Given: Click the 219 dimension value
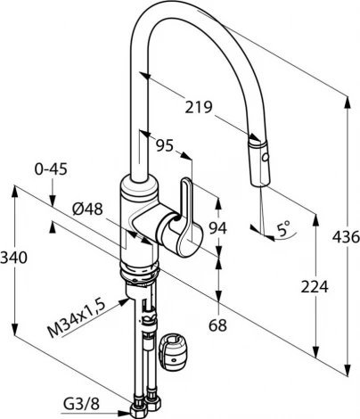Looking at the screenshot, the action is [199, 107].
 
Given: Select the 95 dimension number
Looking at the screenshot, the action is [164, 145].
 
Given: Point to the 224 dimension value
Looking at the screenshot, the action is [315, 287].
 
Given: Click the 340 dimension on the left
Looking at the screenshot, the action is [13, 258].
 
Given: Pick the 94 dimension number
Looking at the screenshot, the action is [217, 228].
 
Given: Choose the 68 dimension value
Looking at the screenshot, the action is [217, 325].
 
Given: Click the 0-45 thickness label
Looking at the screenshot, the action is [51, 169].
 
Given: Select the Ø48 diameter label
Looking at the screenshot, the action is [87, 209].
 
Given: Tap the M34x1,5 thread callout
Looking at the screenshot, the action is [77, 318].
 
